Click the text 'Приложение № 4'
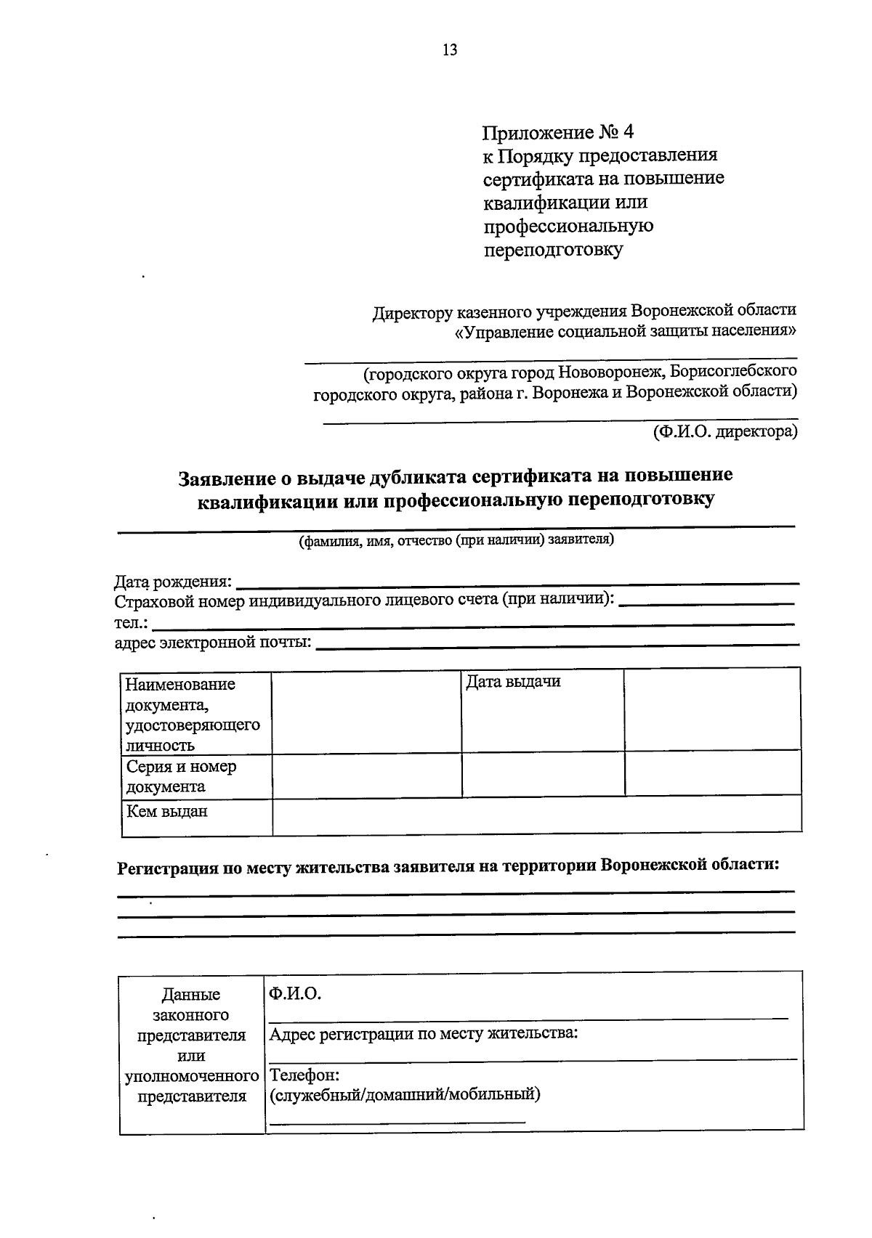[558, 132]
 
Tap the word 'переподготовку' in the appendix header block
[554, 250]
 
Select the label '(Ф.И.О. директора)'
[724, 432]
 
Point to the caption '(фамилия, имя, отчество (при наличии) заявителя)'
[456, 540]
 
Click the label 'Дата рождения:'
[174, 582]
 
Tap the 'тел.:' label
[131, 623]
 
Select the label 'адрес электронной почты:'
[213, 643]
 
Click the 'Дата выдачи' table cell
[513, 682]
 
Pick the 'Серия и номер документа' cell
[182, 776]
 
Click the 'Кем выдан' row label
[167, 811]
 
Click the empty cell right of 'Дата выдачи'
[712, 709]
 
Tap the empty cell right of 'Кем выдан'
[536, 815]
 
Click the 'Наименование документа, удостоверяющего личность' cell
[193, 714]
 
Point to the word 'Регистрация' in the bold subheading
[168, 867]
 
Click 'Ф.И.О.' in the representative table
[294, 993]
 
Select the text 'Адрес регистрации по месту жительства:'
[424, 1033]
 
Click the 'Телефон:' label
[304, 1074]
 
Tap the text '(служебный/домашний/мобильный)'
[405, 1094]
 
